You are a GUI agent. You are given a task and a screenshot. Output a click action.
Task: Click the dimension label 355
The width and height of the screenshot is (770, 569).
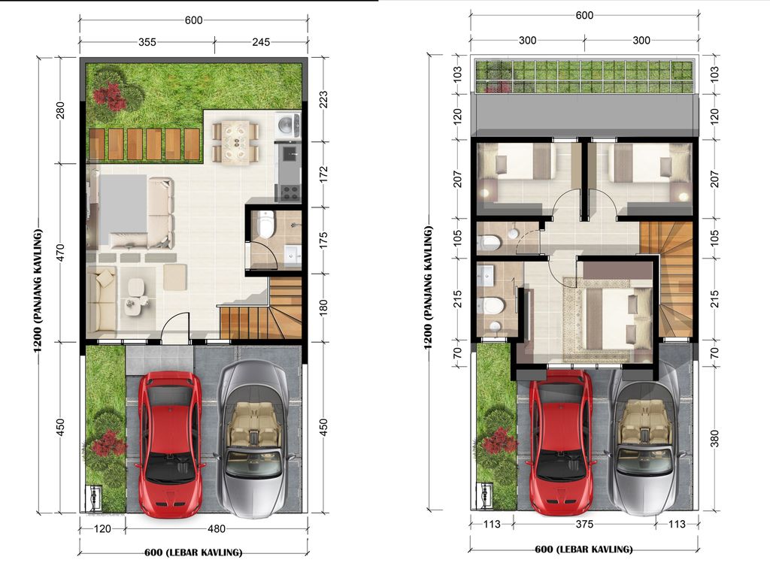click(147, 43)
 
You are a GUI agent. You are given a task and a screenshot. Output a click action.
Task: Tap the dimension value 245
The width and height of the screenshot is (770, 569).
click(261, 43)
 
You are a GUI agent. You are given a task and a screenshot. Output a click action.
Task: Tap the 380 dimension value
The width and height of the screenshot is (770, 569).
click(714, 437)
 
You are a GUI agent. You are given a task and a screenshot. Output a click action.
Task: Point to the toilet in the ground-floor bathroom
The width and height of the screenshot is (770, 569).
click(265, 224)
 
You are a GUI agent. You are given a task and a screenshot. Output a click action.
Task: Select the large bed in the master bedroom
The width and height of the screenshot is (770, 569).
click(609, 313)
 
